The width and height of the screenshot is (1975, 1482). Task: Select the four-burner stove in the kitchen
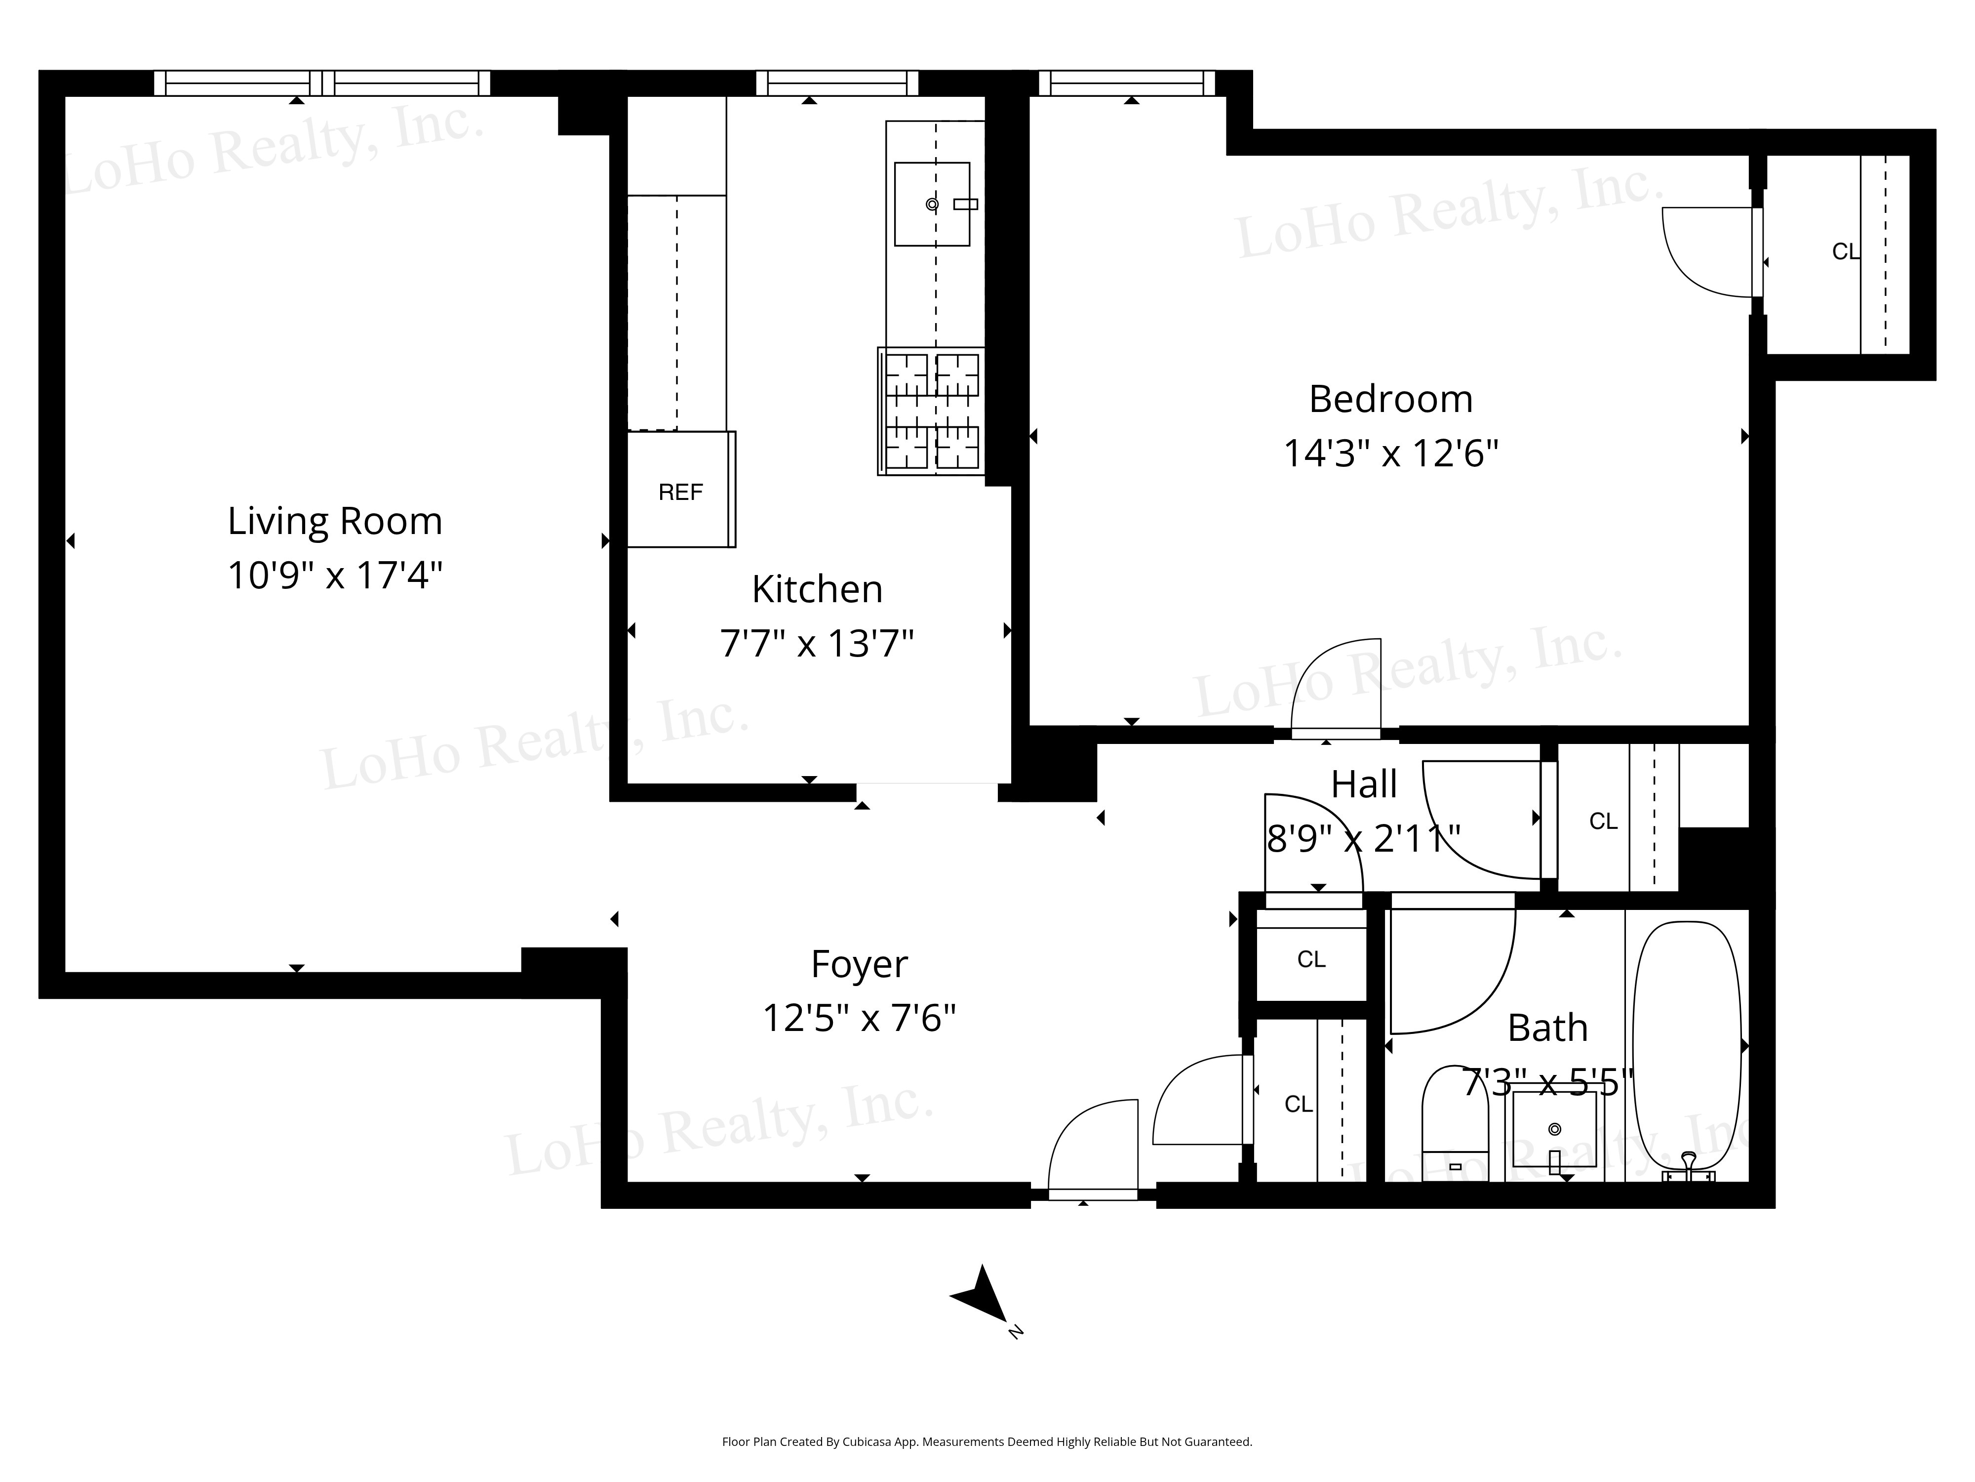pyautogui.click(x=931, y=411)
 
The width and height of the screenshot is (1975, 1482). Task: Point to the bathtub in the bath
pyautogui.click(x=1687, y=1045)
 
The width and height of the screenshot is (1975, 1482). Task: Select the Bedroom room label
pyautogui.click(x=1390, y=399)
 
